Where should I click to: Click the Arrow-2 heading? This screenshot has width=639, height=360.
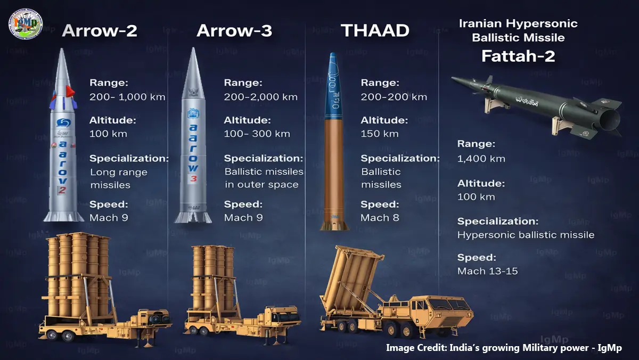pyautogui.click(x=100, y=30)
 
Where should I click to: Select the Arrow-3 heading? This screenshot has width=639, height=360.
pyautogui.click(x=234, y=30)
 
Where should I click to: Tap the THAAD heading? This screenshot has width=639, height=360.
pyautogui.click(x=375, y=30)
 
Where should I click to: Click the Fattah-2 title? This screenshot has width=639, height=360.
pyautogui.click(x=518, y=56)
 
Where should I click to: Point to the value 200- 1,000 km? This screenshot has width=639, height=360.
pyautogui.click(x=128, y=97)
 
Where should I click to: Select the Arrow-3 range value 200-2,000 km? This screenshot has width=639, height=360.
pyautogui.click(x=261, y=97)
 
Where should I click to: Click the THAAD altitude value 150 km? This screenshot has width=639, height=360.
pyautogui.click(x=380, y=134)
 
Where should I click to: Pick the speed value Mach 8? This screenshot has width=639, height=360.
pyautogui.click(x=380, y=217)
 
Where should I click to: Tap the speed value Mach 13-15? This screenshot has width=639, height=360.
pyautogui.click(x=488, y=271)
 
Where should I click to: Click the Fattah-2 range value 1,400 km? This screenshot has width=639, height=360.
pyautogui.click(x=481, y=159)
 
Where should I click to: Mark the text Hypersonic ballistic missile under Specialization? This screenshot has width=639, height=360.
pyautogui.click(x=526, y=235)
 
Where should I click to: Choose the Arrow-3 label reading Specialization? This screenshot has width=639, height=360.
pyautogui.click(x=264, y=158)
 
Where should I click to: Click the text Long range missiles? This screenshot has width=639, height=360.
pyautogui.click(x=118, y=178)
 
